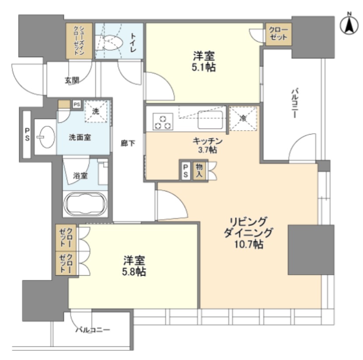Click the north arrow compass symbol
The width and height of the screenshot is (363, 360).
[349, 25]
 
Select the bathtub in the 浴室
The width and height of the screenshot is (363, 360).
[85, 204]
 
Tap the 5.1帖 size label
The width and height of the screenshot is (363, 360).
[205, 68]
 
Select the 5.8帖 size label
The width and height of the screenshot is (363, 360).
[134, 272]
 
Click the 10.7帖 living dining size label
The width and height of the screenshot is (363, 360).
[248, 245]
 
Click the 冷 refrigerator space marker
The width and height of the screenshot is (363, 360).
[243, 118]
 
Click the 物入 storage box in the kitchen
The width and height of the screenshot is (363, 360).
[199, 170]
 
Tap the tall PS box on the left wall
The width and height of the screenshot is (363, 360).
[27, 135]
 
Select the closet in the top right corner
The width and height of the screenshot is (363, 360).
[278, 34]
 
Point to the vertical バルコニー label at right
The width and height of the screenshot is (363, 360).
[294, 103]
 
